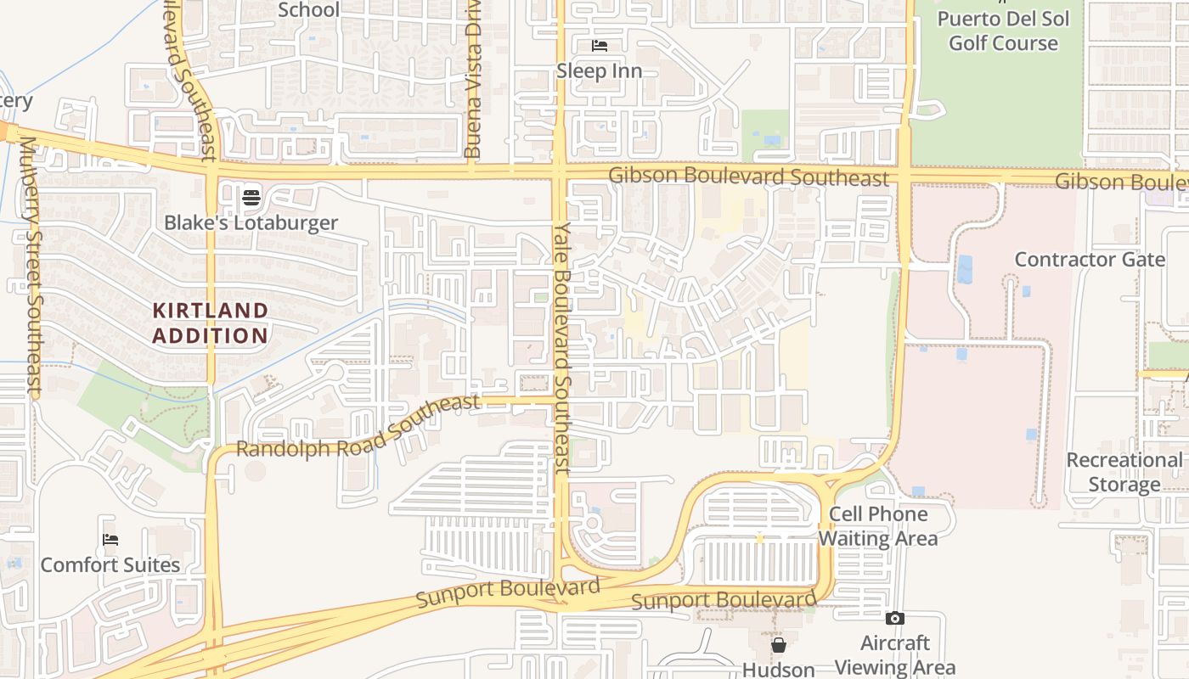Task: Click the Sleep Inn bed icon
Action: coord(600,46)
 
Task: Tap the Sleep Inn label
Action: coord(600,71)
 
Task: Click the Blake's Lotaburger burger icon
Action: coord(251,198)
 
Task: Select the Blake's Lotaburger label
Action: coord(251,223)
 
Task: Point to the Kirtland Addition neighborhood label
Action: coord(211,323)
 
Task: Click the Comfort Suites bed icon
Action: coord(110,540)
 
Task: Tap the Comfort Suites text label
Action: coord(110,565)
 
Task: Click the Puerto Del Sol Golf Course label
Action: coord(1003,31)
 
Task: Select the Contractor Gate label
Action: coord(1090,260)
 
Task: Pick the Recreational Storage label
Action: coord(1124,473)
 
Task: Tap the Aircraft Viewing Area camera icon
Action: coord(895,619)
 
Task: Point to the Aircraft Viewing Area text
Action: coord(895,655)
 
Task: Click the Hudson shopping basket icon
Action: coord(779,646)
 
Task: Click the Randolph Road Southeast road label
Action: coord(358,426)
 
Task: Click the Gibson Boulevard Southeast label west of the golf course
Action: coord(749,177)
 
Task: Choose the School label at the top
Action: coord(309,10)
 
